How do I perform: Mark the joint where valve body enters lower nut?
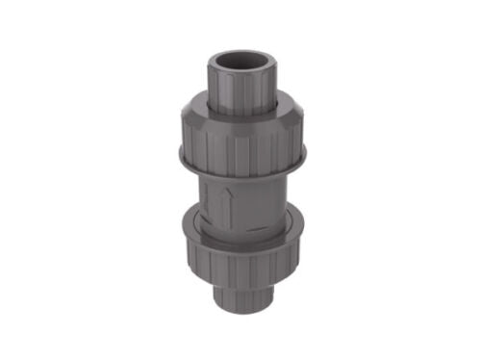[240, 228]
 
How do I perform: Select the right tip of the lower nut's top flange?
[305, 228]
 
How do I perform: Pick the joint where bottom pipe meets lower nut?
[240, 281]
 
